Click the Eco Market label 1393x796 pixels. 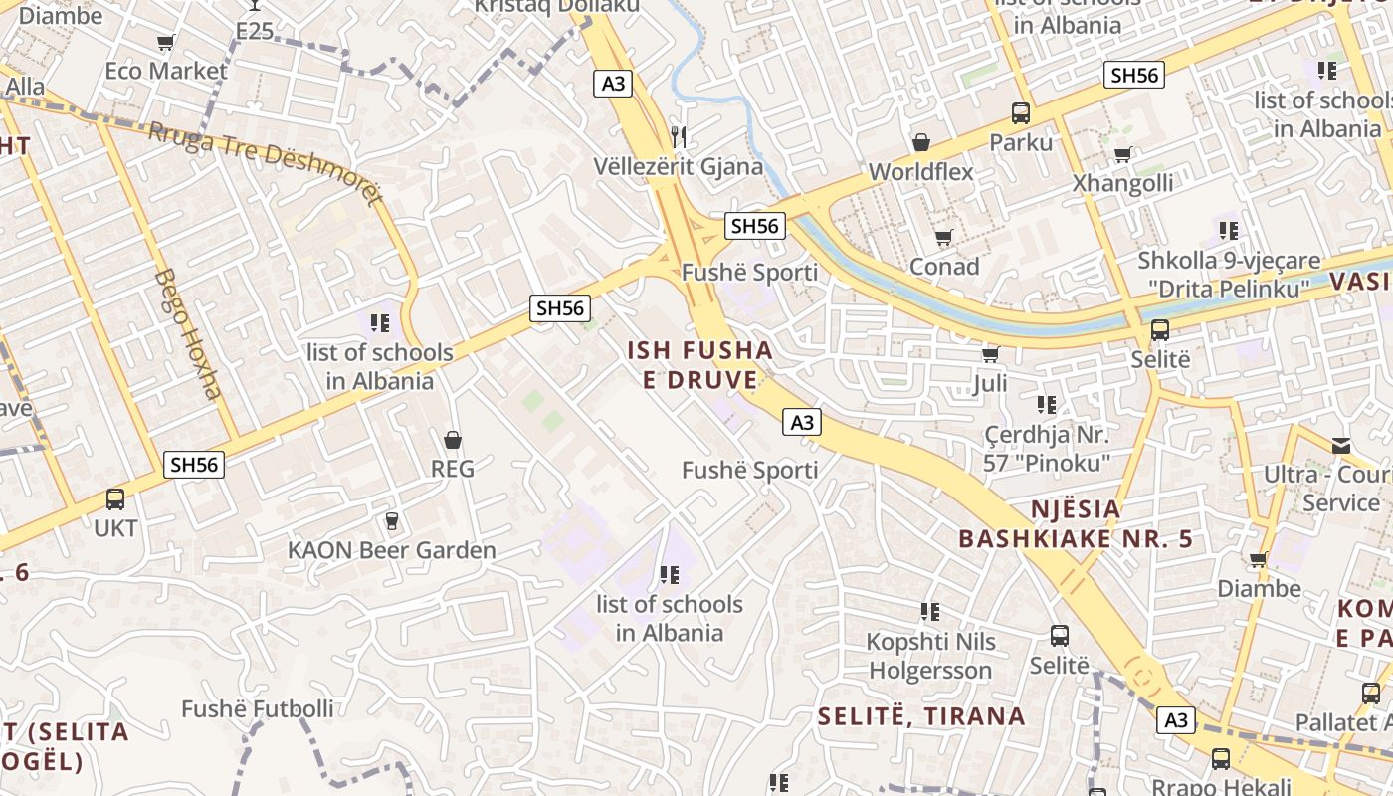coord(166,71)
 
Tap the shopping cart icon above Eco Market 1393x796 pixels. coord(165,42)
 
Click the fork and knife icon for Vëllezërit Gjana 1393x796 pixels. coord(680,136)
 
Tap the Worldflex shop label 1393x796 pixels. coord(920,171)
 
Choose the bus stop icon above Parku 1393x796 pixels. coord(1021,113)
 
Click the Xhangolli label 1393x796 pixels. coord(1121,183)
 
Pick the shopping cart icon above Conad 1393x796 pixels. coord(943,237)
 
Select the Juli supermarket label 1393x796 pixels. coord(990,383)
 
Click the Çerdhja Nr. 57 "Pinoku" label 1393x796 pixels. coord(1047,448)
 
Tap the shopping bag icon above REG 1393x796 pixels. coord(453,439)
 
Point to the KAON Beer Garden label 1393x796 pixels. coord(391,550)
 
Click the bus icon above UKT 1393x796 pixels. coord(115,499)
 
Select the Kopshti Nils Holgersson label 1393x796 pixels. coord(930,656)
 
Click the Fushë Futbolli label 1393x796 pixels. coord(258,708)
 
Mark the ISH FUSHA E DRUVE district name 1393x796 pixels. coord(699,364)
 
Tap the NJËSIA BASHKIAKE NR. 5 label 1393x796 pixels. coord(1075,524)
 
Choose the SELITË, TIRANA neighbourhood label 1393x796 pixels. coord(921,715)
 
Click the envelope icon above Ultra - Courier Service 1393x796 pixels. coord(1341,445)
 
